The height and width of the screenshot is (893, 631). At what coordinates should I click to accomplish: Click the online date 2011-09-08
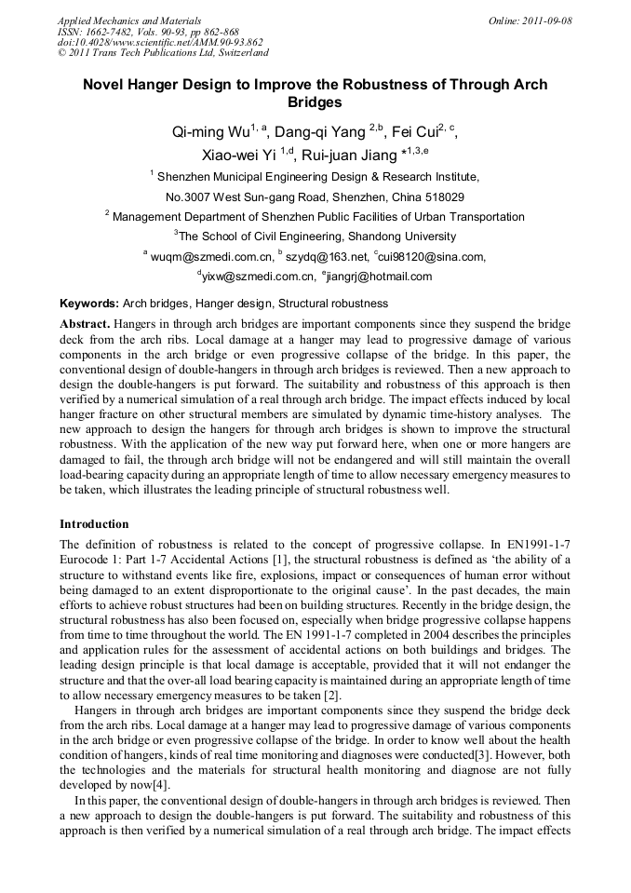point(547,20)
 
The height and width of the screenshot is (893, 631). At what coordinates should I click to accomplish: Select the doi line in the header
point(160,42)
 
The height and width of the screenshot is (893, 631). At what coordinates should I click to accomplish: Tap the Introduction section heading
point(94,524)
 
